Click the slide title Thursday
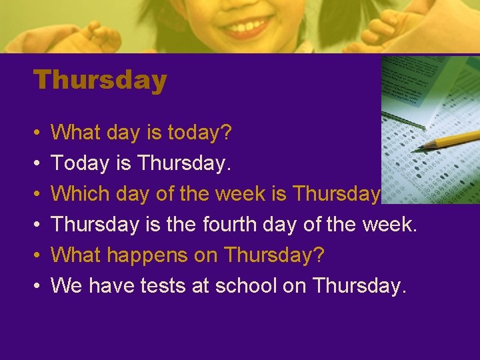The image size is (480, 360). (x=100, y=81)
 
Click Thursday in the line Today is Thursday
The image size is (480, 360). (x=189, y=163)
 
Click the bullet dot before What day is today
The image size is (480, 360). (x=37, y=133)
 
